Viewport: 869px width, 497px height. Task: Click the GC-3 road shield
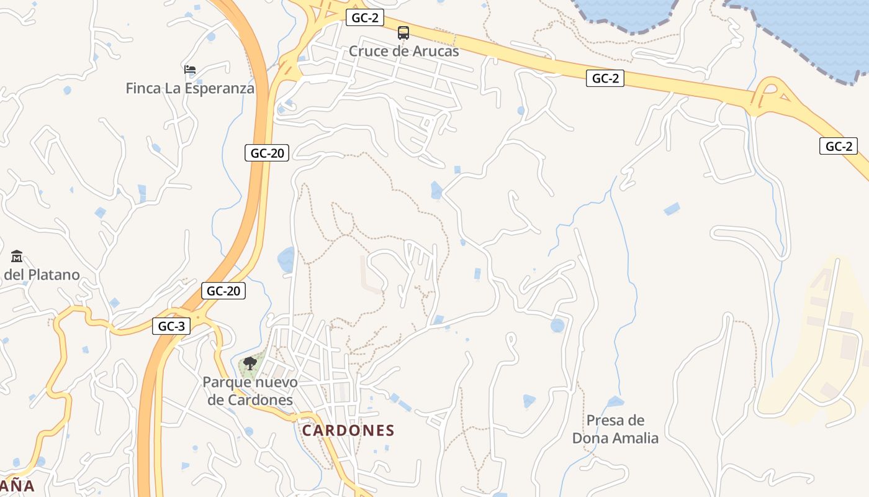[171, 326]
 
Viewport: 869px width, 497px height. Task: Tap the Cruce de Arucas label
[403, 51]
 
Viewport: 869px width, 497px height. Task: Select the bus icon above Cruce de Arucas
[403, 33]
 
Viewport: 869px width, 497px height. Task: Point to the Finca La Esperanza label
[190, 88]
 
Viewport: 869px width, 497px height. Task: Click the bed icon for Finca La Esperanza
[190, 70]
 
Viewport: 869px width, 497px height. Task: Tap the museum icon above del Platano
[17, 256]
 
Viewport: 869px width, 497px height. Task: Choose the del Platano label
[42, 275]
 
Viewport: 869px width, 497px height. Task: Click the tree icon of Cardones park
[250, 363]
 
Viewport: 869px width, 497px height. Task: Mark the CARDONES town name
[348, 431]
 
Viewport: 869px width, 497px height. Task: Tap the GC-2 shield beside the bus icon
[364, 18]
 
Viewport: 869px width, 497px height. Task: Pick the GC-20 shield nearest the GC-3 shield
[223, 291]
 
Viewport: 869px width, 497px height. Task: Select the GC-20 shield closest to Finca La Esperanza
[268, 153]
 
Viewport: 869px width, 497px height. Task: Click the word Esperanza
[218, 88]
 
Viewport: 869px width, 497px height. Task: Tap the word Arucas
[437, 51]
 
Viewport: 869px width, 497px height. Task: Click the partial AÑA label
[17, 486]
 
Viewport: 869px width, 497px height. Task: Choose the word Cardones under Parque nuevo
[250, 400]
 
